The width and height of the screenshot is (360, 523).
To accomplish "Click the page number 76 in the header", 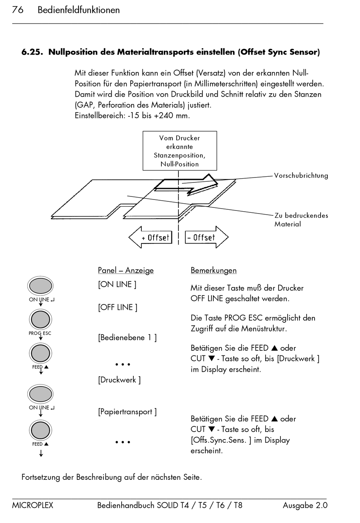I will pos(18,10).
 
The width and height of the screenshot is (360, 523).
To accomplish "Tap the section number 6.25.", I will pos(32,52).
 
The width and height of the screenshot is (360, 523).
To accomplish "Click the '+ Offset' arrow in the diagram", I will pos(150,237).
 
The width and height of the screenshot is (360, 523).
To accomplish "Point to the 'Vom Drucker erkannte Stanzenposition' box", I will pos(180,151).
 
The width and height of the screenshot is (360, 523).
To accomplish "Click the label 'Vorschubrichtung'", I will pos(301,176).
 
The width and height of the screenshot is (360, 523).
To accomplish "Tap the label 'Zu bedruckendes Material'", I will pos(301,220).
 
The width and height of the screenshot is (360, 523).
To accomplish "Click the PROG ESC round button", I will pos(41,319).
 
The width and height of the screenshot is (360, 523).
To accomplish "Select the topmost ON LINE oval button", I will pos(41,286).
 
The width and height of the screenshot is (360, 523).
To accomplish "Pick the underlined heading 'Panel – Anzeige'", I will pos(126,270).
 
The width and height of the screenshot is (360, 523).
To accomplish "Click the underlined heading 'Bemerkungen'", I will pos(214,270).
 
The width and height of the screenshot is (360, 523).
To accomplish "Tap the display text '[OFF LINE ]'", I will pos(117,307).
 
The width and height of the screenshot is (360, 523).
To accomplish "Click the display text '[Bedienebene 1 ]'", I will pos(127,338).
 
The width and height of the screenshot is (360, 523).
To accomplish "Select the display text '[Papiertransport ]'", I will pos(127,412).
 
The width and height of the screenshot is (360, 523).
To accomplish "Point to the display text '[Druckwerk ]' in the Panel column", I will pos(119,380).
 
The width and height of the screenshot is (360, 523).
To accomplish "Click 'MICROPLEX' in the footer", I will pos(33,506).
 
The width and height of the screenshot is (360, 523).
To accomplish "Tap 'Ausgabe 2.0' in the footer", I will pos(305,506).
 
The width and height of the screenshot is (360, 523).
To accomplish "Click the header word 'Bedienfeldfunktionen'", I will pos(79,10).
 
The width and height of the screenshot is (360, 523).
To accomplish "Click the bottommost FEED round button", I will pos(41,430).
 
